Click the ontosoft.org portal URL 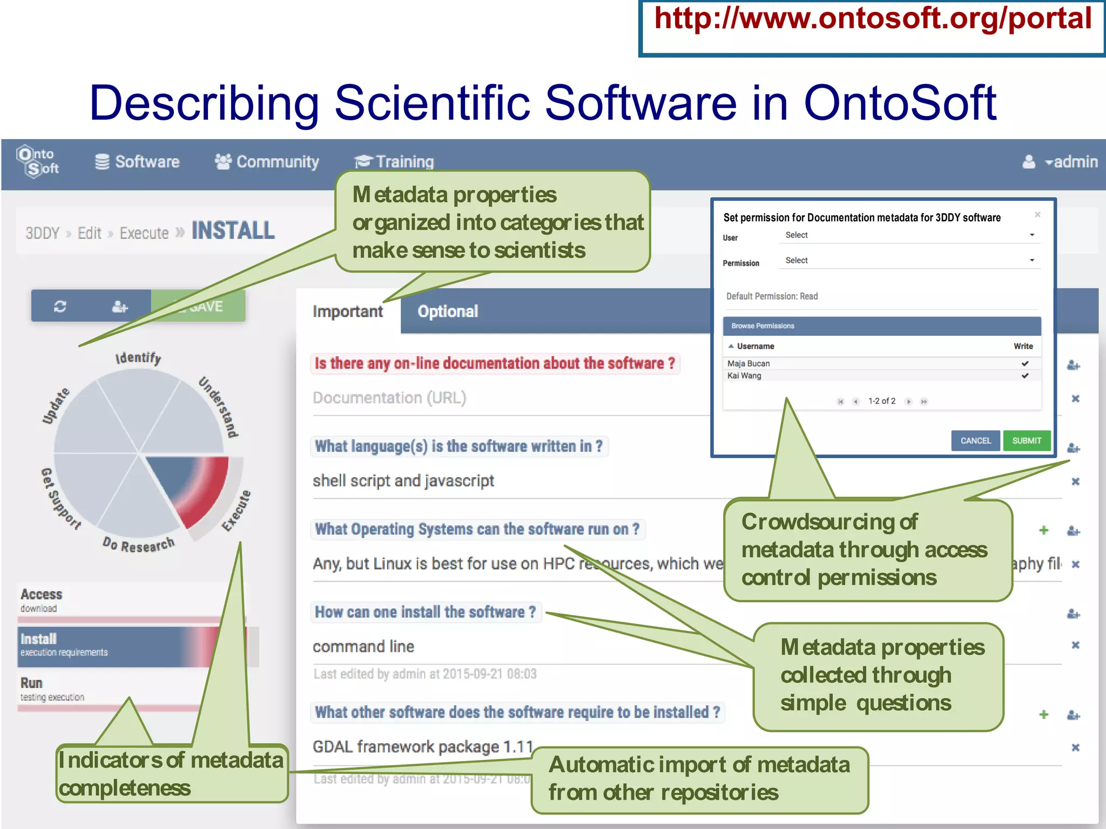tap(872, 19)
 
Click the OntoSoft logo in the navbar tap(38, 161)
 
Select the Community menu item tap(267, 162)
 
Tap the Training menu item tap(394, 162)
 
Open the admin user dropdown tap(1061, 162)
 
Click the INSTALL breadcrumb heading tap(233, 231)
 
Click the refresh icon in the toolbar tap(60, 307)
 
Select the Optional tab tap(448, 311)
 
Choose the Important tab tap(347, 311)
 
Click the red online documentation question tap(494, 363)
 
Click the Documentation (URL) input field tap(486, 398)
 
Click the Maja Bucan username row tap(748, 364)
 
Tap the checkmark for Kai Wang tap(1025, 376)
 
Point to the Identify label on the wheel tap(138, 358)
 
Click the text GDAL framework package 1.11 tap(423, 747)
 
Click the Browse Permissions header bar tap(881, 326)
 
